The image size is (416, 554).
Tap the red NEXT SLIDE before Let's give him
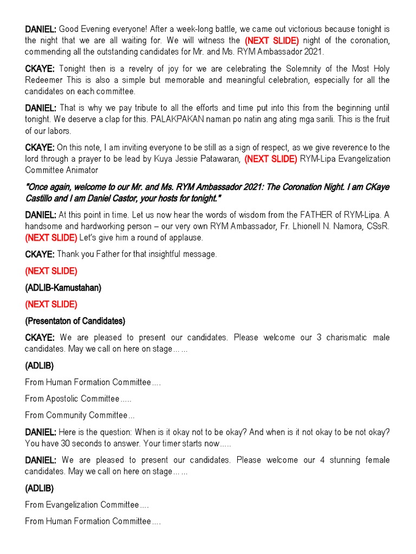click(x=51, y=238)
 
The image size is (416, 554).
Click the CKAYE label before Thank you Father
click(x=40, y=254)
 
